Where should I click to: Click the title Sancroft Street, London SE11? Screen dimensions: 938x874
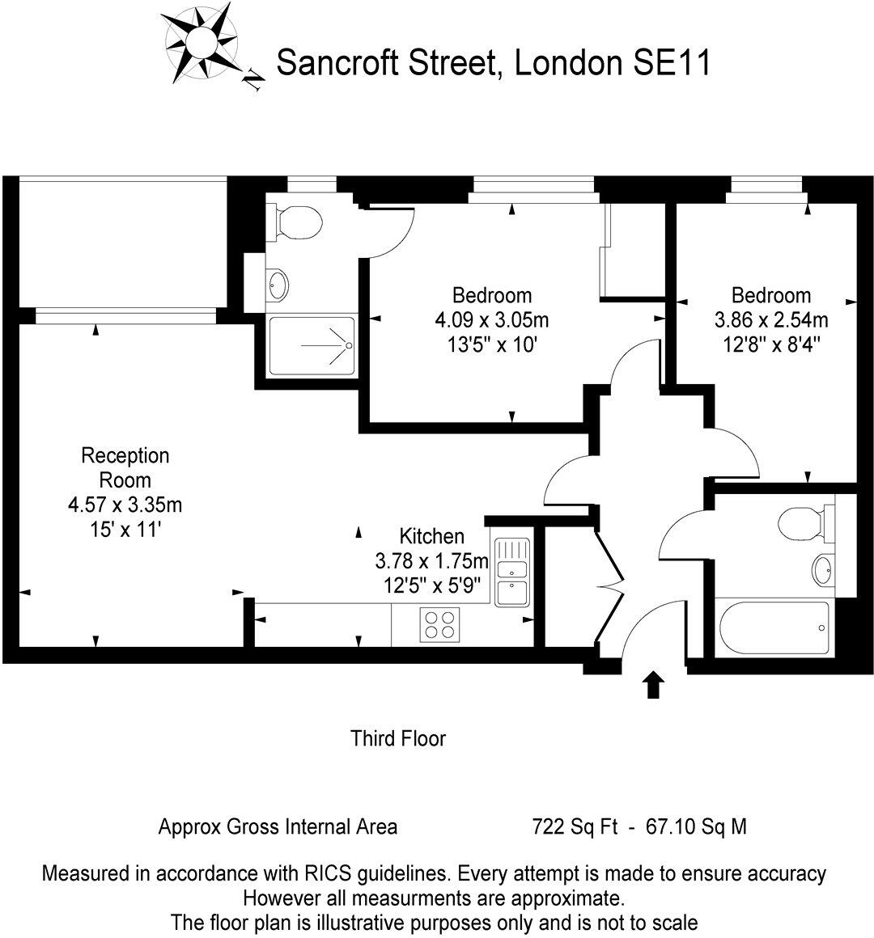[x=494, y=62]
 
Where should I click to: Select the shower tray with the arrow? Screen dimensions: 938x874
[x=312, y=345]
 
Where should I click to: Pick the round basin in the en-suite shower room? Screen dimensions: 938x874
[x=278, y=284]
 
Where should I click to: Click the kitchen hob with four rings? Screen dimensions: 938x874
[x=439, y=624]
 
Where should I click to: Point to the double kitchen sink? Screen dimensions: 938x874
[x=511, y=572]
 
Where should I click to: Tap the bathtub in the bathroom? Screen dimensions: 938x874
[x=773, y=628]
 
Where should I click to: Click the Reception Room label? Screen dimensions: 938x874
[x=125, y=467]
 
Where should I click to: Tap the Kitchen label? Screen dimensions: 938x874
[x=432, y=536]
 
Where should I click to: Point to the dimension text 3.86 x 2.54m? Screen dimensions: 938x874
[x=771, y=319]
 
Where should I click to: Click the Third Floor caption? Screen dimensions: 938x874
[x=398, y=738]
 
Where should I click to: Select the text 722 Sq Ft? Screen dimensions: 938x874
[x=575, y=827]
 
